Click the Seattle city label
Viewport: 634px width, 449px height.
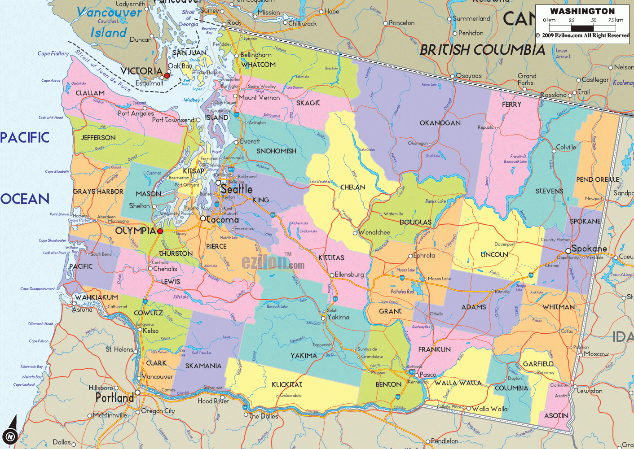click(237, 189)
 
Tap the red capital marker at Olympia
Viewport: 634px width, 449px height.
click(160, 231)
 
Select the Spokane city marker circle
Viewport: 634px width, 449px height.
click(568, 251)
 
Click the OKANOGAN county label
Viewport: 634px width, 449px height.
click(440, 123)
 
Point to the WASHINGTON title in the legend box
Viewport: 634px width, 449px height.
click(582, 11)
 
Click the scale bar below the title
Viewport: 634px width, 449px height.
click(582, 28)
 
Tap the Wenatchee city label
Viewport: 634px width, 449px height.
click(374, 232)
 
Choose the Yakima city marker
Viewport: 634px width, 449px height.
click(323, 318)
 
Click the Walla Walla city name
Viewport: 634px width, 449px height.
click(490, 409)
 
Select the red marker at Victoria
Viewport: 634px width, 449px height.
click(167, 76)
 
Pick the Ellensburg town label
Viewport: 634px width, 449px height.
click(349, 275)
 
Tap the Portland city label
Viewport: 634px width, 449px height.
click(114, 398)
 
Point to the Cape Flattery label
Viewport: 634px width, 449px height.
click(53, 53)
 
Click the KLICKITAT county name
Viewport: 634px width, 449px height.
click(287, 384)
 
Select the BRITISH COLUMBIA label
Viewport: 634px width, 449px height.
click(482, 50)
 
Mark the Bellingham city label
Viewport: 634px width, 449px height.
click(256, 55)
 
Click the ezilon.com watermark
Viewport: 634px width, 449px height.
click(273, 262)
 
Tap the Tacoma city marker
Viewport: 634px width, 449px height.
click(203, 218)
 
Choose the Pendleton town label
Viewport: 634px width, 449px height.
click(445, 441)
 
